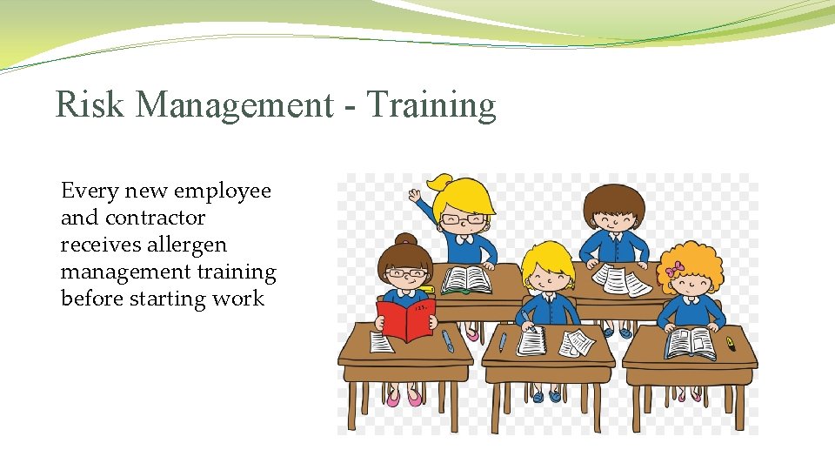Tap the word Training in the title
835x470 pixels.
pyautogui.click(x=431, y=105)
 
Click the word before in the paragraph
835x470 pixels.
pyautogui.click(x=91, y=299)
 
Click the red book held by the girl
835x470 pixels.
pyautogui.click(x=405, y=319)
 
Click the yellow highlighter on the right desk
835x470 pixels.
pyautogui.click(x=731, y=344)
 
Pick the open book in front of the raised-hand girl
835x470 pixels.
pyautogui.click(x=466, y=279)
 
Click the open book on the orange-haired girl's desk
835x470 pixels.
pyautogui.click(x=690, y=342)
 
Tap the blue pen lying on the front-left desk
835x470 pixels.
pyautogui.click(x=447, y=340)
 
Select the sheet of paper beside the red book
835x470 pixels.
pyautogui.click(x=382, y=342)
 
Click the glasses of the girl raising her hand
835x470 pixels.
pyautogui.click(x=463, y=218)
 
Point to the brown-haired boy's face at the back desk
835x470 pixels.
pyautogui.click(x=613, y=217)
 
